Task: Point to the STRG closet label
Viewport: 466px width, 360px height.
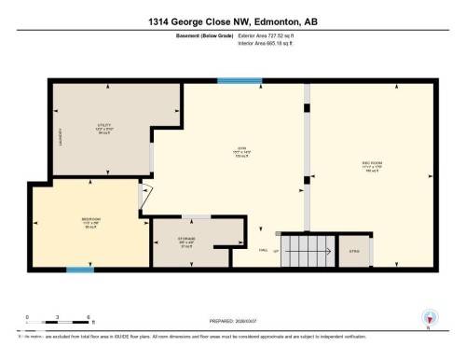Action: [353, 251]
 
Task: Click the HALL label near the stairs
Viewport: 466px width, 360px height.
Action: [264, 251]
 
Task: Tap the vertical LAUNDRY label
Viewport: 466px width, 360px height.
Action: [59, 138]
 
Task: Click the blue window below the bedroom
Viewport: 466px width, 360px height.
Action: [79, 270]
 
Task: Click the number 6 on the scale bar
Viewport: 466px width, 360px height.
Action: [87, 318]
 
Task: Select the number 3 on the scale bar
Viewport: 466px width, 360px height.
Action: [58, 318]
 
